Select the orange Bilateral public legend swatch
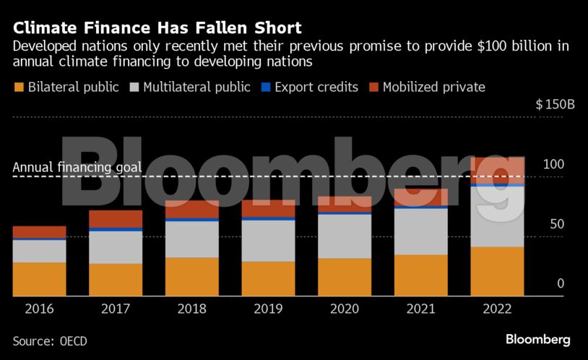pyautogui.click(x=18, y=87)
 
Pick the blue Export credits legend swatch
pyautogui.click(x=266, y=87)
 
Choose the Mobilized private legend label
pyautogui.click(x=433, y=87)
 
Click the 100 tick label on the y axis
pyautogui.click(x=553, y=165)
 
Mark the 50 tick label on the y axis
pyautogui.click(x=556, y=225)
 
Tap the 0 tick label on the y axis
pyautogui.click(x=561, y=284)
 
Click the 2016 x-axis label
pyautogui.click(x=39, y=309)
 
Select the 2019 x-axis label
pyautogui.click(x=268, y=309)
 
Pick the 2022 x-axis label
pyautogui.click(x=497, y=309)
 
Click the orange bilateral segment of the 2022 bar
pyautogui.click(x=497, y=271)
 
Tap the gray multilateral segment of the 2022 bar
pyautogui.click(x=497, y=217)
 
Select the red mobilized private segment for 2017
pyautogui.click(x=116, y=218)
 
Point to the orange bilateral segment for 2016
pyautogui.click(x=39, y=279)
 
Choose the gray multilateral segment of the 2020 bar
pyautogui.click(x=345, y=236)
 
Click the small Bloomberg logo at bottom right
pyautogui.click(x=537, y=339)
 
